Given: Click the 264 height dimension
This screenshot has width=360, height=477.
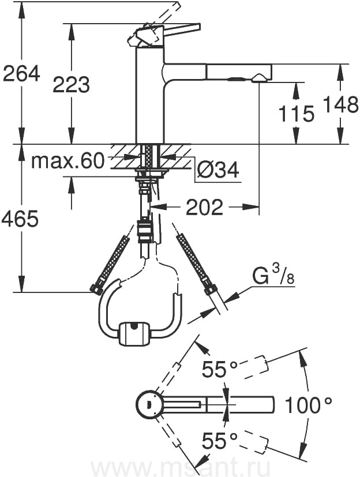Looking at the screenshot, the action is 21,73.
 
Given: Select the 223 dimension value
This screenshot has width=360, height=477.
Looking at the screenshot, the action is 71,84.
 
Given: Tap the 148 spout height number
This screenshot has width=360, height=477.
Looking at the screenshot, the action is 340,104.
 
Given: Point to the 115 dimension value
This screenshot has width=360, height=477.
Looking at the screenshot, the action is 296,114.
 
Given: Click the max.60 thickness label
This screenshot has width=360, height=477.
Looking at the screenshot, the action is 67,161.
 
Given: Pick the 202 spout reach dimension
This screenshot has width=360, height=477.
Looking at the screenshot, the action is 204,207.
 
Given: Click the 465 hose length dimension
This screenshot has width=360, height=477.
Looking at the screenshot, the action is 20,219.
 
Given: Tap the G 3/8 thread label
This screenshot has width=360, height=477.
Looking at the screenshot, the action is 273,276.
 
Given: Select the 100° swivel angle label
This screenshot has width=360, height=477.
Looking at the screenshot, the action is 308,405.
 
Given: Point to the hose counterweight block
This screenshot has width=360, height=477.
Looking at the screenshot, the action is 134,334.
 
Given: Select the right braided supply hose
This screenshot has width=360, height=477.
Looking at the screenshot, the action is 198,264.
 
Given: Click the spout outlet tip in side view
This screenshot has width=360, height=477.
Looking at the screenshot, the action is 258,78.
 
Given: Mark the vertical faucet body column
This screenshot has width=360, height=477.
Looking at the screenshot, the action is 150,95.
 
